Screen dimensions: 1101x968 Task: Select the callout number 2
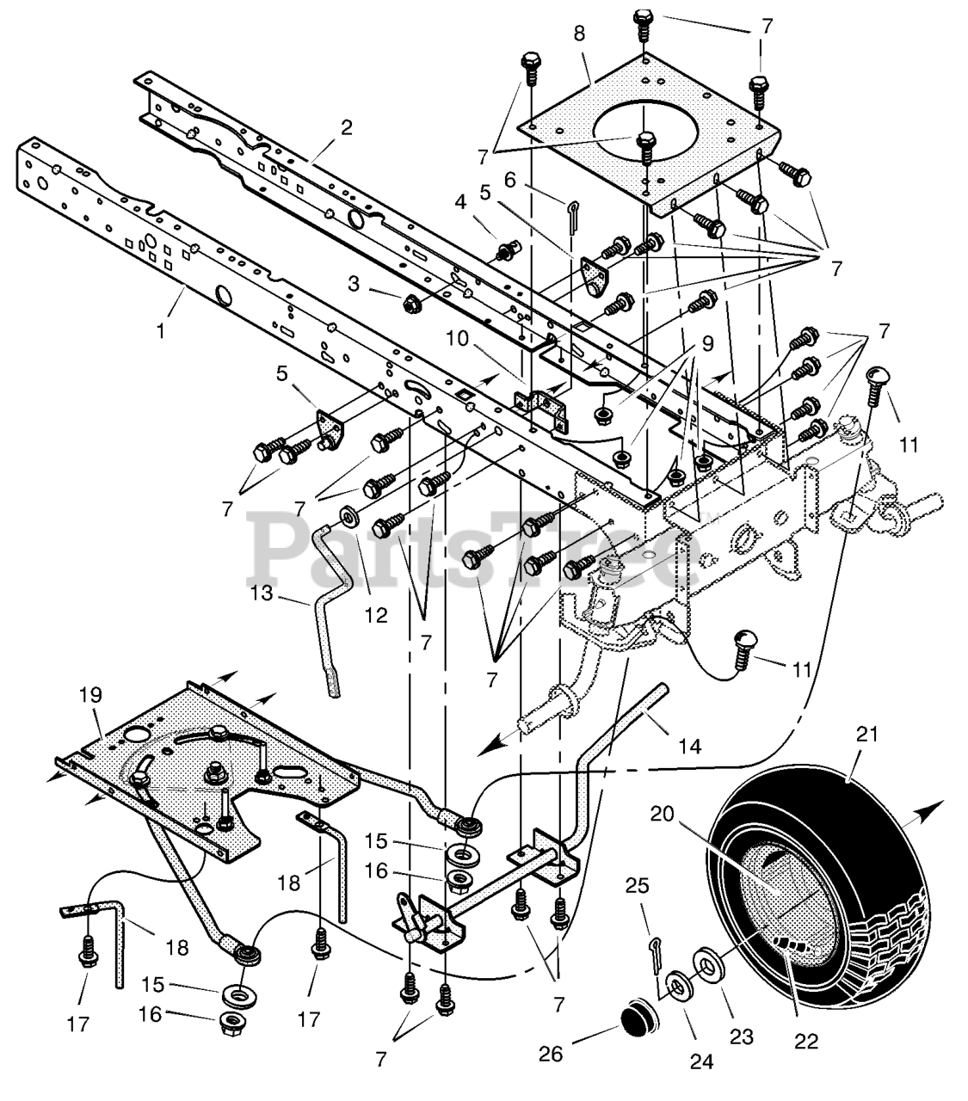point(347,127)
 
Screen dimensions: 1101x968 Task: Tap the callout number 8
point(579,34)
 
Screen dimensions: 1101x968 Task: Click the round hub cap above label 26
point(638,1018)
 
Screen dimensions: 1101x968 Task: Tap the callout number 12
point(375,615)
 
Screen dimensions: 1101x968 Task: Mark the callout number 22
point(805,1040)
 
